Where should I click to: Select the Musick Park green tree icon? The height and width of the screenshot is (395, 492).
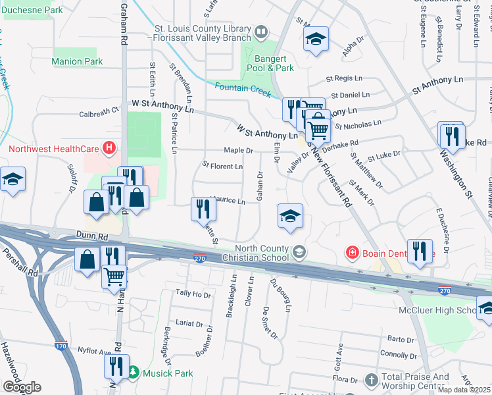[x=134, y=373]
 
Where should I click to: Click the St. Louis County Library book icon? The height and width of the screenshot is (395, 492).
[x=261, y=32]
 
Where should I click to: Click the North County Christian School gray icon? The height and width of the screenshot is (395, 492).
[x=299, y=251]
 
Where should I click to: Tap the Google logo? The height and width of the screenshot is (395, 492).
[x=21, y=387]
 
